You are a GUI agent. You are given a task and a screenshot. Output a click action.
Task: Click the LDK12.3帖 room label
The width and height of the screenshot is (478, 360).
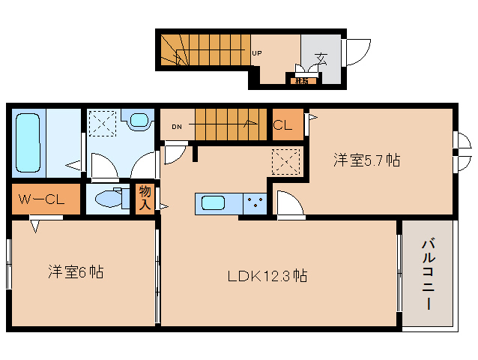pos(267,275)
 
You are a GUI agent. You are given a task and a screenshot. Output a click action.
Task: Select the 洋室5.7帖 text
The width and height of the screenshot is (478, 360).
pos(366,160)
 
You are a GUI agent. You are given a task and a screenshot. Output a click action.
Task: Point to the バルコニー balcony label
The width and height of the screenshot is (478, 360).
pos(428,274)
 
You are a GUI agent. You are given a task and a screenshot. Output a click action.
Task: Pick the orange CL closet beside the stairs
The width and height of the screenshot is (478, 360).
pos(287,125)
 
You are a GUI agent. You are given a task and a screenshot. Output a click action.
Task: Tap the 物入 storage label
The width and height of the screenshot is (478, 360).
pos(144,199)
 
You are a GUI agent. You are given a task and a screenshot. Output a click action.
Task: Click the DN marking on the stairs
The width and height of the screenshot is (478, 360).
pos(177,126)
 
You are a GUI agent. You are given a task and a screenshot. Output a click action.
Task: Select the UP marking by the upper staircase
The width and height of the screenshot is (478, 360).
pos(257,53)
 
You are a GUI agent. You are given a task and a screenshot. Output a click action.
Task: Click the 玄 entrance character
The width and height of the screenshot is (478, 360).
pos(321,58)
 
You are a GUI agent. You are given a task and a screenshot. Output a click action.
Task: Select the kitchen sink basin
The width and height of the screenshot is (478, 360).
pos(213,203)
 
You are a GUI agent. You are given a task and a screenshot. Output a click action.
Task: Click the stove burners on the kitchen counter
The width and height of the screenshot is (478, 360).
pos(255,203)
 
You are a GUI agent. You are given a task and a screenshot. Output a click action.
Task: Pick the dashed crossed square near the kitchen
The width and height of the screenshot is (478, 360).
pos(285,161)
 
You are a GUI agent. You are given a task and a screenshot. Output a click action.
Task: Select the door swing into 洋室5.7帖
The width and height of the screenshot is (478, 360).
pos(290,204)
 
